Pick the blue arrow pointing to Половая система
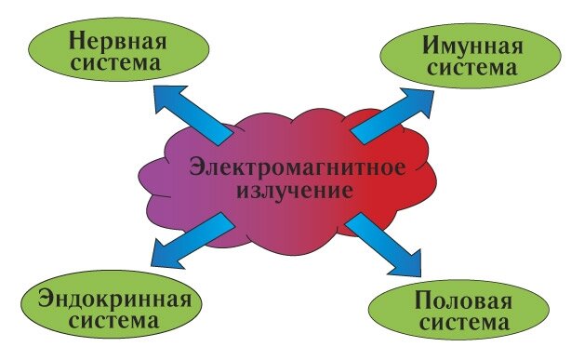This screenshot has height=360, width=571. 391,244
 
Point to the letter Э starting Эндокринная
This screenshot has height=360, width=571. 42,300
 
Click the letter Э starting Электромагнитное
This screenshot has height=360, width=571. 198,170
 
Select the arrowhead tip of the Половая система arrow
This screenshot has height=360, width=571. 418,275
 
